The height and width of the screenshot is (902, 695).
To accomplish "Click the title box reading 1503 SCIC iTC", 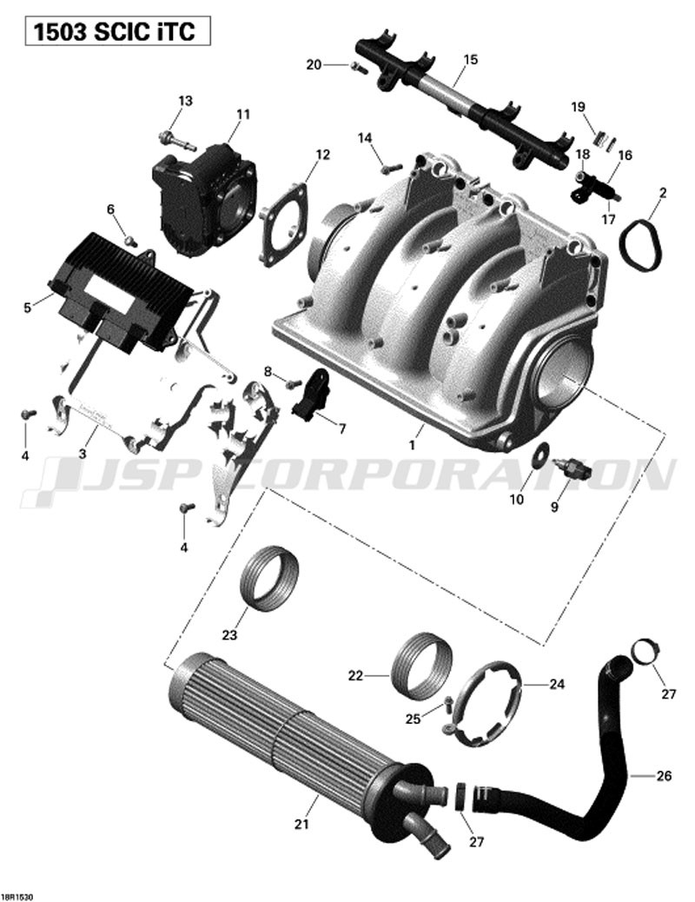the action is coord(117,31).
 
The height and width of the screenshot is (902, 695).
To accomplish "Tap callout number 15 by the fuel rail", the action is coord(470,59).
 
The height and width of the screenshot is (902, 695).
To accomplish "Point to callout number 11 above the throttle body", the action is coord(243,115).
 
